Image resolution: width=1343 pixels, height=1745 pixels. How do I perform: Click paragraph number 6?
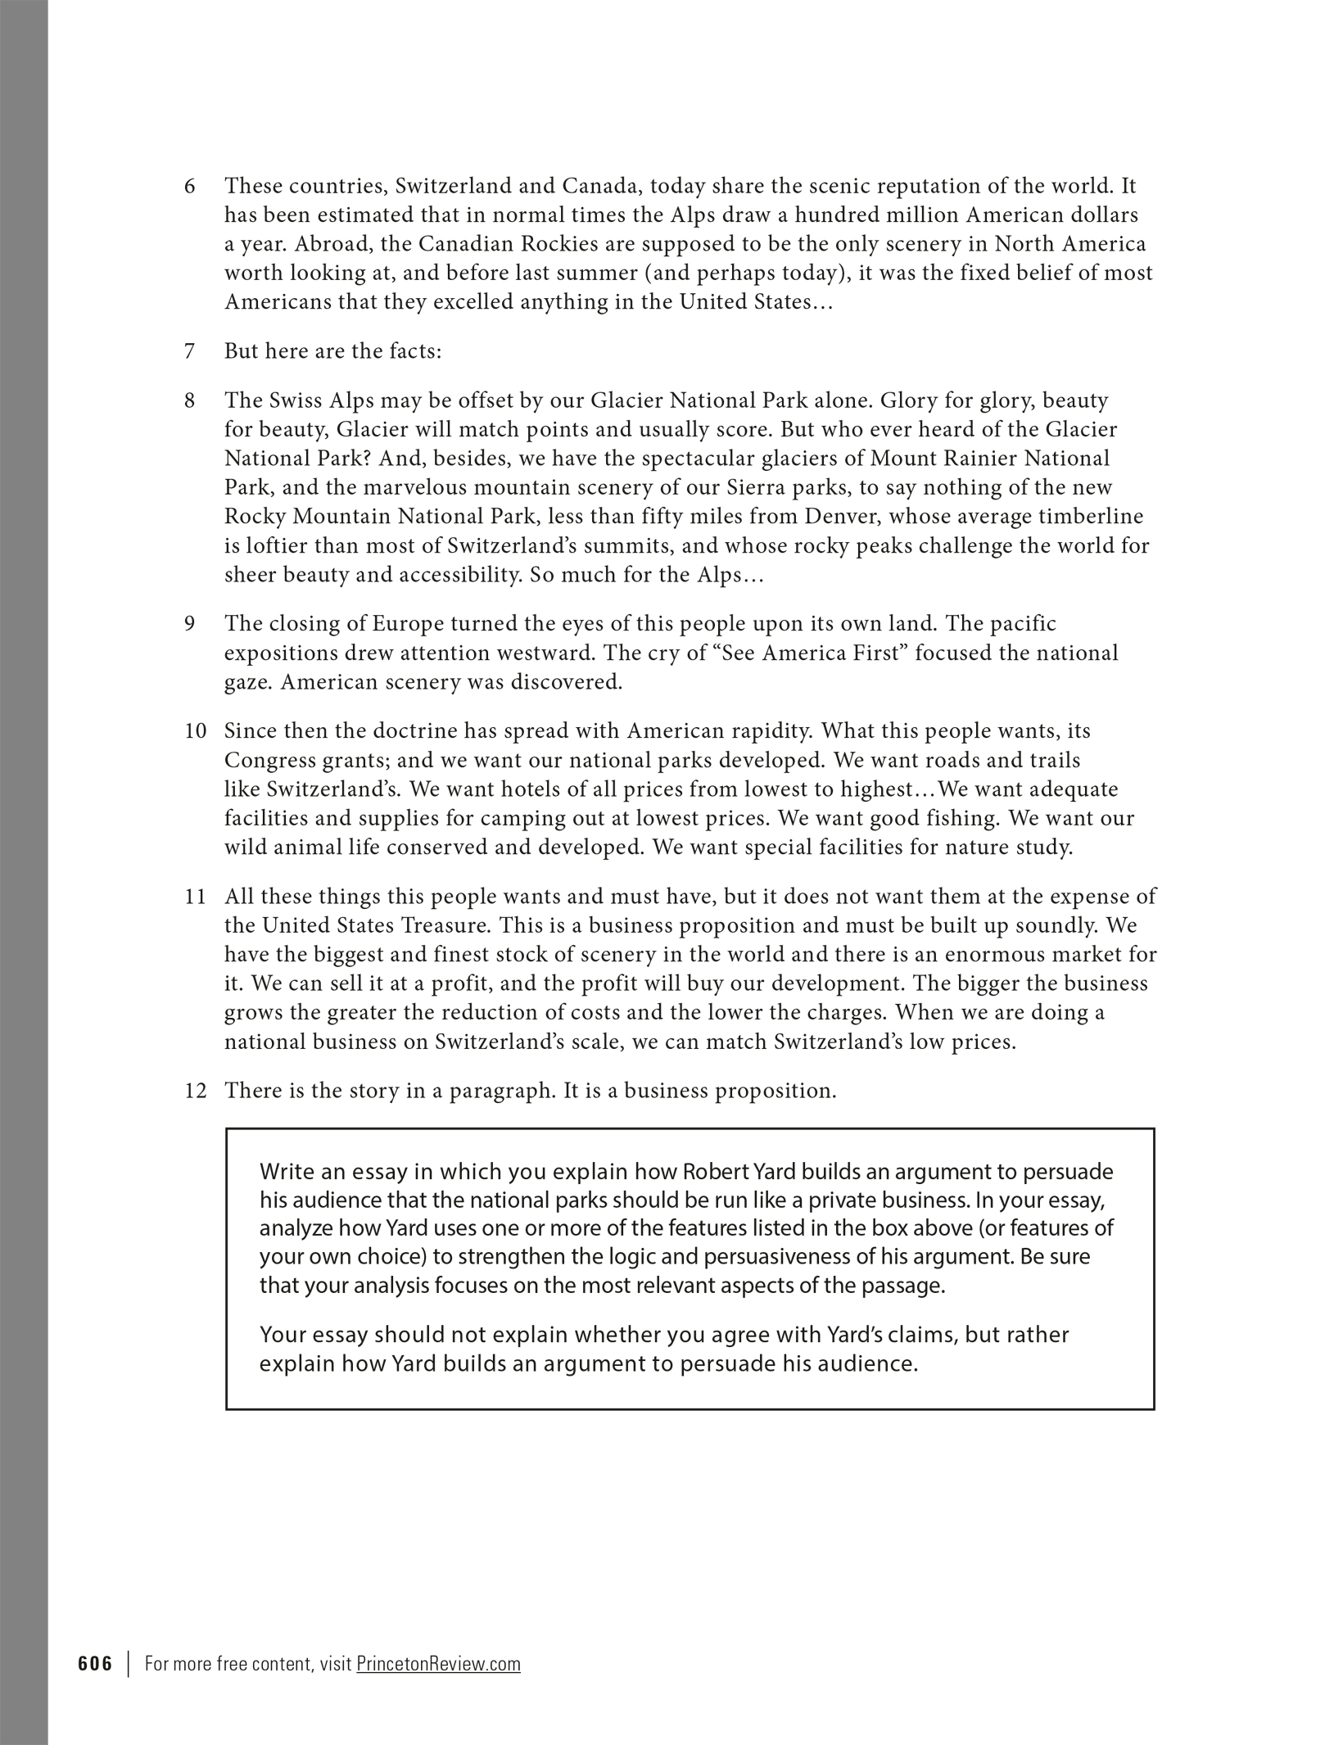tap(190, 187)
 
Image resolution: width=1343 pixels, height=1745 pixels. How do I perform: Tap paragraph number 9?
tap(190, 624)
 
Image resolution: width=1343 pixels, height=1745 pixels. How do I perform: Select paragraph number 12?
tap(195, 1091)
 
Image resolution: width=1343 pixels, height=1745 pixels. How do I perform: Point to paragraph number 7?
tap(190, 351)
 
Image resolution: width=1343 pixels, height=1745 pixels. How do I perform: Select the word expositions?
tap(279, 653)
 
